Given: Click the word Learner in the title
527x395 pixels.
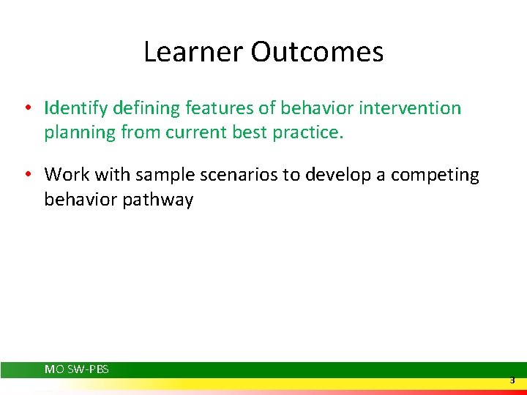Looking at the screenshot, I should (193, 52).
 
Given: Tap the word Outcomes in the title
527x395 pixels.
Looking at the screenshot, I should (317, 52).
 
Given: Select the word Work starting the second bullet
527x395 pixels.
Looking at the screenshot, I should (64, 175).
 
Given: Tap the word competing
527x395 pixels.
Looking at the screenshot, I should (435, 175).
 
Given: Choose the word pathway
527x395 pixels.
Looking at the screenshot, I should (159, 200).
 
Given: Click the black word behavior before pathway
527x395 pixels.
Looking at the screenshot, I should (79, 200).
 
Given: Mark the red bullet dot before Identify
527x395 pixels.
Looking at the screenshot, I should (26, 109).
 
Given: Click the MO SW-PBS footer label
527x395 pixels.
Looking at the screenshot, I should (77, 369).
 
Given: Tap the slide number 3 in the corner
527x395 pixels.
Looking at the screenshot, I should (512, 380).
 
